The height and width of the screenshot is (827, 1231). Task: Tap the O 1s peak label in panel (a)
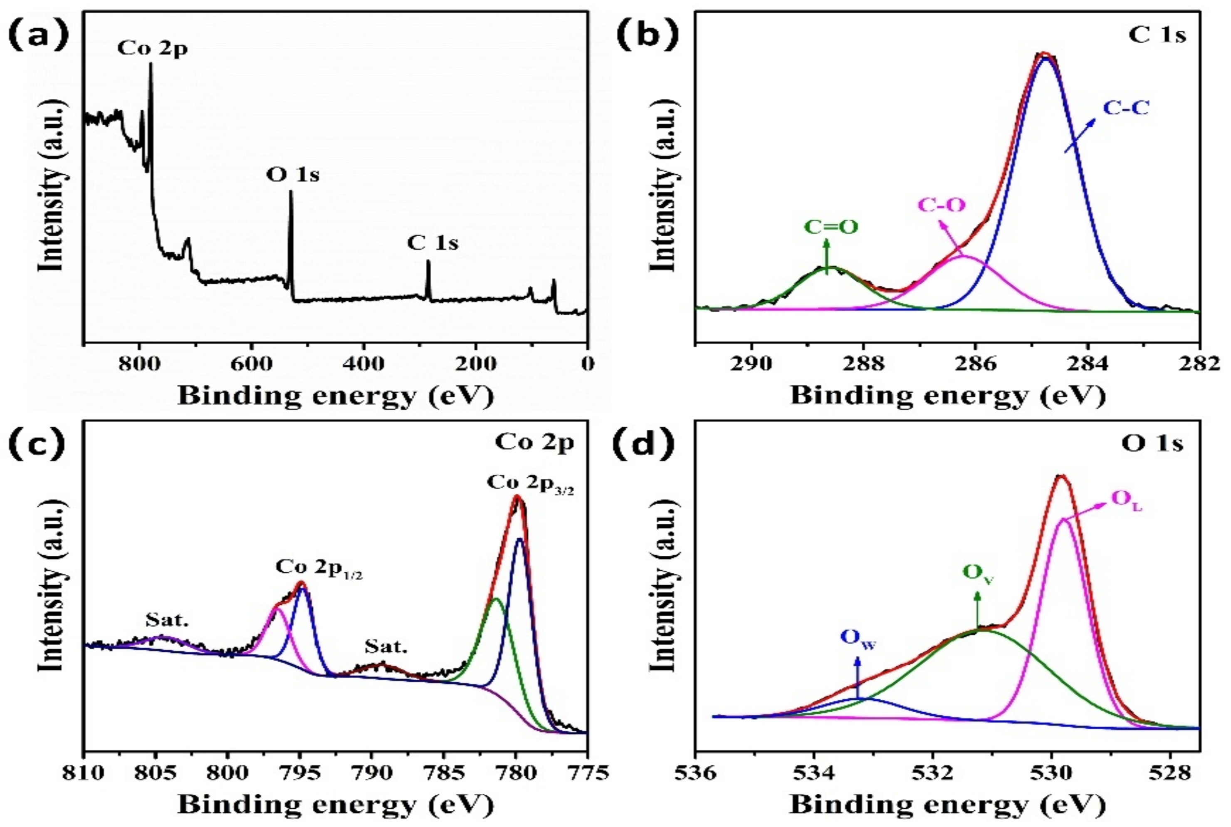293,175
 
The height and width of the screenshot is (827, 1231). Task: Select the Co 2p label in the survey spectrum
152,49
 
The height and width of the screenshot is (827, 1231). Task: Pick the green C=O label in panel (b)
831,227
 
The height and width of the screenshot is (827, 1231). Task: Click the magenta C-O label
942,205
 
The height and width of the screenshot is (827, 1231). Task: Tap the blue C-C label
1125,108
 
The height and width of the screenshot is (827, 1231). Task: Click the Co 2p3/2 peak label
530,483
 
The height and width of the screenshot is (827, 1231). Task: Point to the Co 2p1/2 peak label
319,567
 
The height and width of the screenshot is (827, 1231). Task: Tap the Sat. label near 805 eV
167,621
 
